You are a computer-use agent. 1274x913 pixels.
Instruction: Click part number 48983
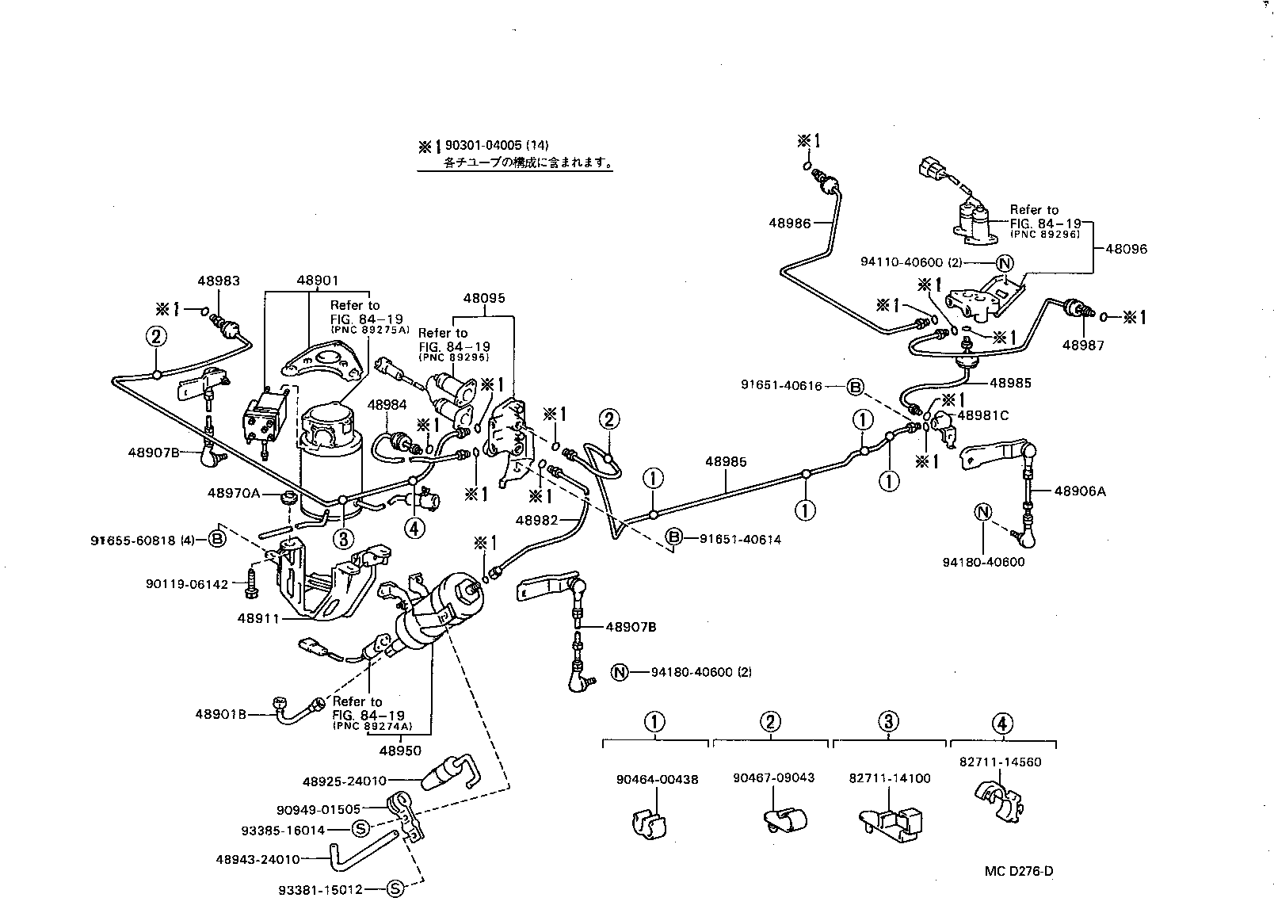[219, 281]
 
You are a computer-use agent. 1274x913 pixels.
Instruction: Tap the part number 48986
[789, 223]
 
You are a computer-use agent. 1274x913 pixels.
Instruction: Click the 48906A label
[1080, 491]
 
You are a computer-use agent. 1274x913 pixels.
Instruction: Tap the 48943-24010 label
[257, 859]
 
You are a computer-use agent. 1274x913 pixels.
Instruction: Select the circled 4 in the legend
[1001, 722]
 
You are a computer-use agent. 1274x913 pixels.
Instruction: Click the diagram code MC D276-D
[1019, 872]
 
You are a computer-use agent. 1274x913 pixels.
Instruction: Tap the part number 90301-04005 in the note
[483, 146]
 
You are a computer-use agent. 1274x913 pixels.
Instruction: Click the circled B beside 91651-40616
[855, 387]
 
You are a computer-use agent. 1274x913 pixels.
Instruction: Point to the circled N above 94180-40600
[982, 512]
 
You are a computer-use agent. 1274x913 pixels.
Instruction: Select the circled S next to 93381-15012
[395, 889]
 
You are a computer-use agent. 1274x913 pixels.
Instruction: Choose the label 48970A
[234, 493]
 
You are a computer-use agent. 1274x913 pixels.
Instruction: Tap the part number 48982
[537, 521]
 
